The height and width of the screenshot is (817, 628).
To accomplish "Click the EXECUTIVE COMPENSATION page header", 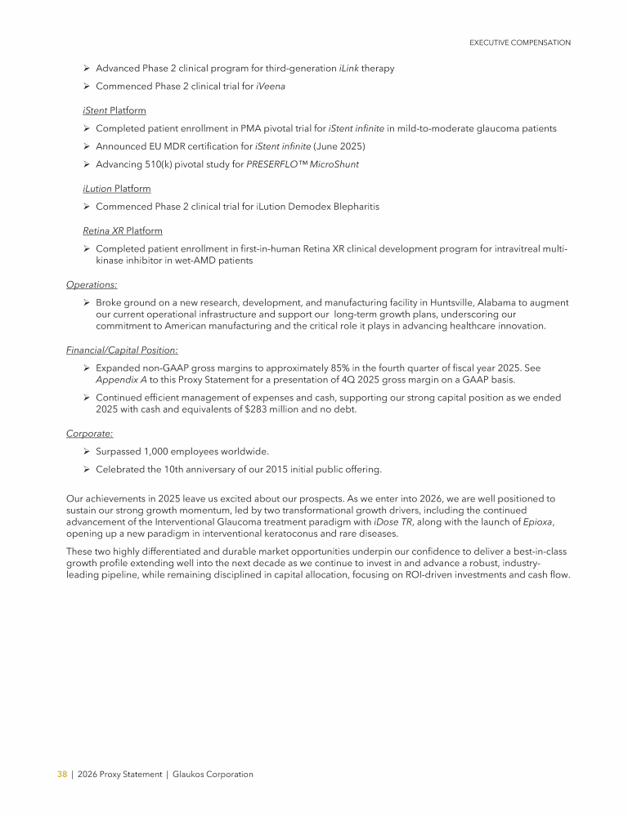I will (520, 42).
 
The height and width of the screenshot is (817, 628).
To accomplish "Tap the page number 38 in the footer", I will (61, 774).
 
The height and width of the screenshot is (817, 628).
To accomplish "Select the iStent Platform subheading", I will (114, 110).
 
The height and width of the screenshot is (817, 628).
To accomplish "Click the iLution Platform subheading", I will (117, 189).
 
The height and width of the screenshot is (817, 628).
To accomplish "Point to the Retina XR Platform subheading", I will (123, 231).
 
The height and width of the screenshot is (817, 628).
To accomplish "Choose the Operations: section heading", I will (92, 284).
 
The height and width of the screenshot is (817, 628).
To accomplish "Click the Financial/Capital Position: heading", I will (122, 350).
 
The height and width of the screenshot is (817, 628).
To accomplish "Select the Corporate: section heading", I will (89, 434).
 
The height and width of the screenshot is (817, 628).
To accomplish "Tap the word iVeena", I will (271, 86).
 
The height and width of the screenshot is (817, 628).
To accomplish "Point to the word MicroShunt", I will (333, 164).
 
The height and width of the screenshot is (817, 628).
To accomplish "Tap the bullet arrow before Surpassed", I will (87, 451).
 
